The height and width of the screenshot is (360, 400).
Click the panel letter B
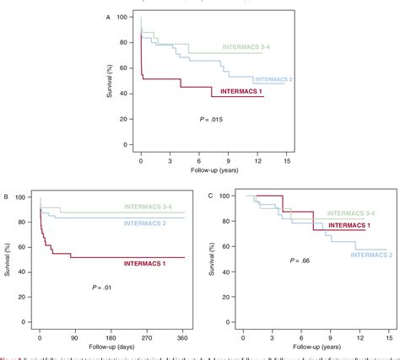click(7, 196)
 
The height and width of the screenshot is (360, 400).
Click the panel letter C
click(210, 196)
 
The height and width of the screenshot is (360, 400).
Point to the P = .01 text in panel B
click(103, 288)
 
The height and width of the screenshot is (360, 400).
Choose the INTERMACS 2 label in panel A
click(268, 79)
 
